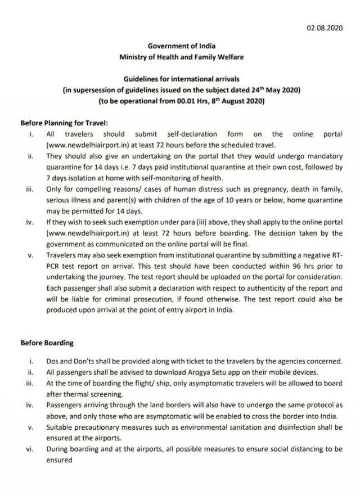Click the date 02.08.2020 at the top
327,26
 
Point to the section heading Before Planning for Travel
64,123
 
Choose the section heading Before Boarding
47,342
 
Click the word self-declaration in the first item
190,134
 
